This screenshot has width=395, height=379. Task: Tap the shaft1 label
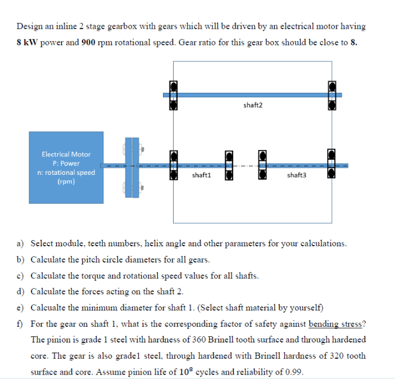201,175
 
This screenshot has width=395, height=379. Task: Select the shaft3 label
296,175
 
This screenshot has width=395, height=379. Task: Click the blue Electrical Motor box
66,167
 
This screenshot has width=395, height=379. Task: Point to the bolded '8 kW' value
27,43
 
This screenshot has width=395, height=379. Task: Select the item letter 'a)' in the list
20,243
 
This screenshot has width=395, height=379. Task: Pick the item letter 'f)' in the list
20,324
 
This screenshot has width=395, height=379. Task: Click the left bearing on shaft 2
174,94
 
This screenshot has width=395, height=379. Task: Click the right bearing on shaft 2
332,94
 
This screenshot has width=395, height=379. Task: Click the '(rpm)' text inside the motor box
66,182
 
